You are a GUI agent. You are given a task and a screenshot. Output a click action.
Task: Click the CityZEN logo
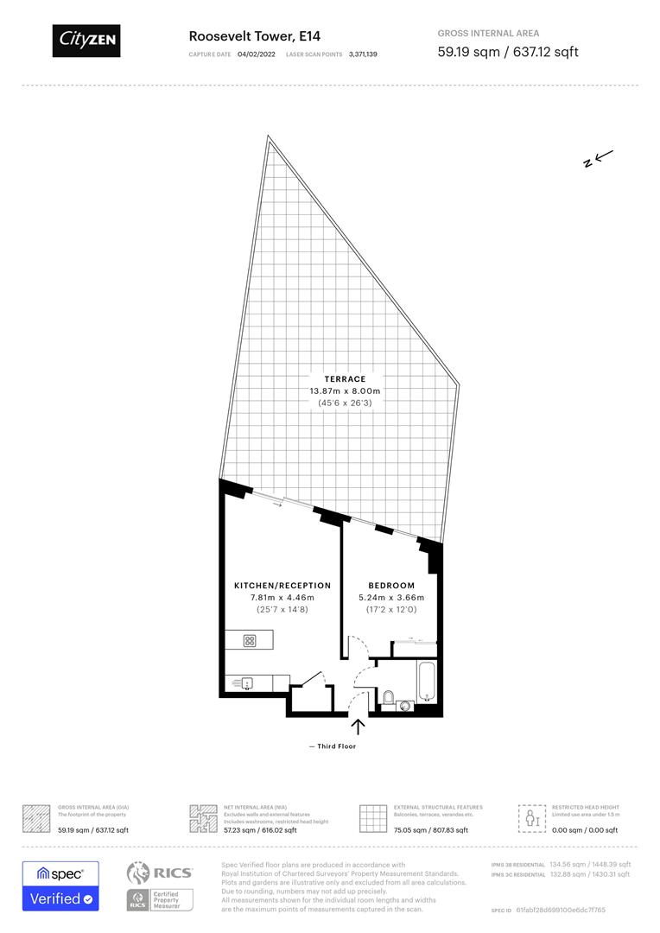[x=86, y=40]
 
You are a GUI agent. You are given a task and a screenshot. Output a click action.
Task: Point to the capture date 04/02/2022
[x=256, y=54]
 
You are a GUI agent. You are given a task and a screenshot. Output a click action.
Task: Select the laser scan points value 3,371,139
[x=363, y=54]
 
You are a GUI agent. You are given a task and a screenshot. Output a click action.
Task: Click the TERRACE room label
[x=345, y=378]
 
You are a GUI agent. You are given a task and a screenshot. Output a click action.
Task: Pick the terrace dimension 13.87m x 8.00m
[x=345, y=391]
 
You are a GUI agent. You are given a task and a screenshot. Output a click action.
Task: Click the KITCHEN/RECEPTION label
[x=282, y=586]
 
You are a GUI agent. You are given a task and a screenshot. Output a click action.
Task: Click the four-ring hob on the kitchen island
[x=250, y=641]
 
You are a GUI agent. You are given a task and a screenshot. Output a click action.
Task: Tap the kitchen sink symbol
[x=247, y=683]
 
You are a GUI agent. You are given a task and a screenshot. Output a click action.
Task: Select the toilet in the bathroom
[x=389, y=696]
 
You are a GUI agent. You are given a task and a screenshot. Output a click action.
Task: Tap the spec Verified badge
[x=60, y=885]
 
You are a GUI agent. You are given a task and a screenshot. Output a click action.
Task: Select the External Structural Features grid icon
[x=372, y=818]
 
